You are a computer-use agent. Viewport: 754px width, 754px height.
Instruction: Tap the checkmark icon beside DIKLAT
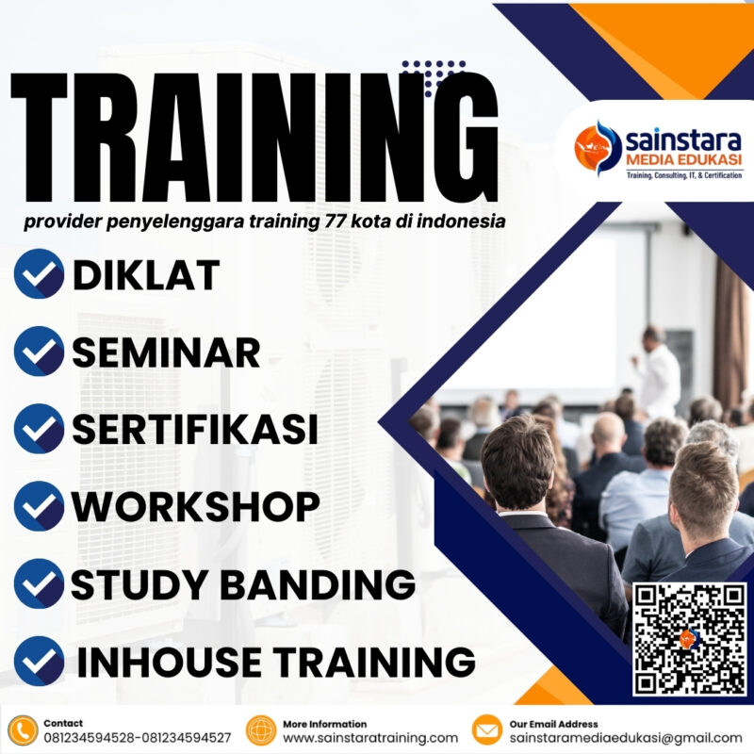[40, 274]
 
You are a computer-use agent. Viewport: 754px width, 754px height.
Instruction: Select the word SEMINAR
[166, 352]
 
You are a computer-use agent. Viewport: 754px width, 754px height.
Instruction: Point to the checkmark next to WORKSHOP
[40, 506]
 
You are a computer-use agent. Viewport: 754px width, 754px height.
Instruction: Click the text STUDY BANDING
[243, 584]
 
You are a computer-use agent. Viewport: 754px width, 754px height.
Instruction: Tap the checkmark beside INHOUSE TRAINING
[40, 661]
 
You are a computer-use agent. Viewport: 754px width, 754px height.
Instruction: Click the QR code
[690, 638]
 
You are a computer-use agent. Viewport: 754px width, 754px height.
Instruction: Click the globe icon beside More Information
[260, 730]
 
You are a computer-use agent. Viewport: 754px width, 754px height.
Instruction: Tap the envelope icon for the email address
[486, 730]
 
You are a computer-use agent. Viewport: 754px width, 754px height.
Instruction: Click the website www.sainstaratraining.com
[370, 738]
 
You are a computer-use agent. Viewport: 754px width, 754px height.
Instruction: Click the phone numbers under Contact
[138, 738]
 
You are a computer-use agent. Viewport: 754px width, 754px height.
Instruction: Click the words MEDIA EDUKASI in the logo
[683, 162]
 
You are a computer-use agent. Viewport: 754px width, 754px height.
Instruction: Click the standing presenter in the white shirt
[657, 372]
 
